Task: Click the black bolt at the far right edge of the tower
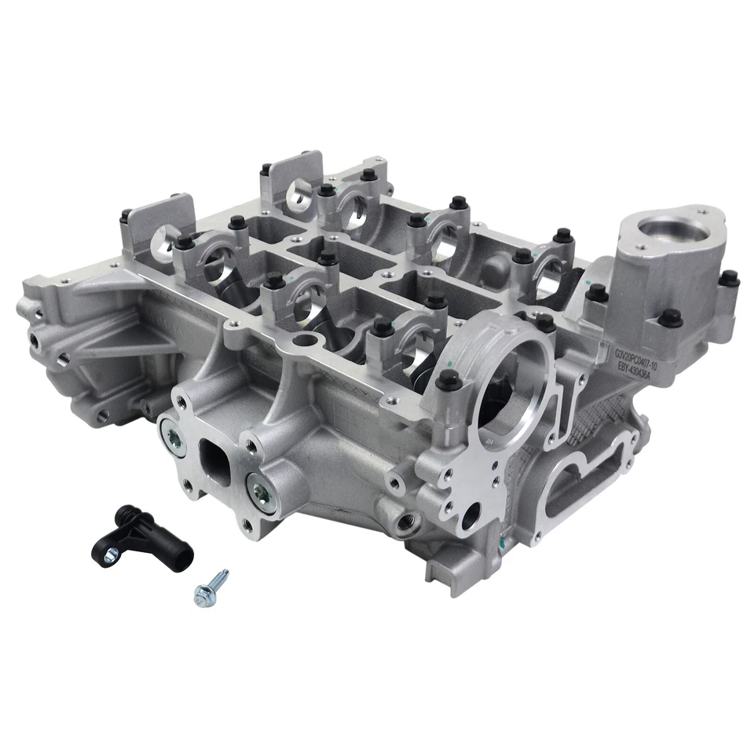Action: pyautogui.click(x=729, y=278)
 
